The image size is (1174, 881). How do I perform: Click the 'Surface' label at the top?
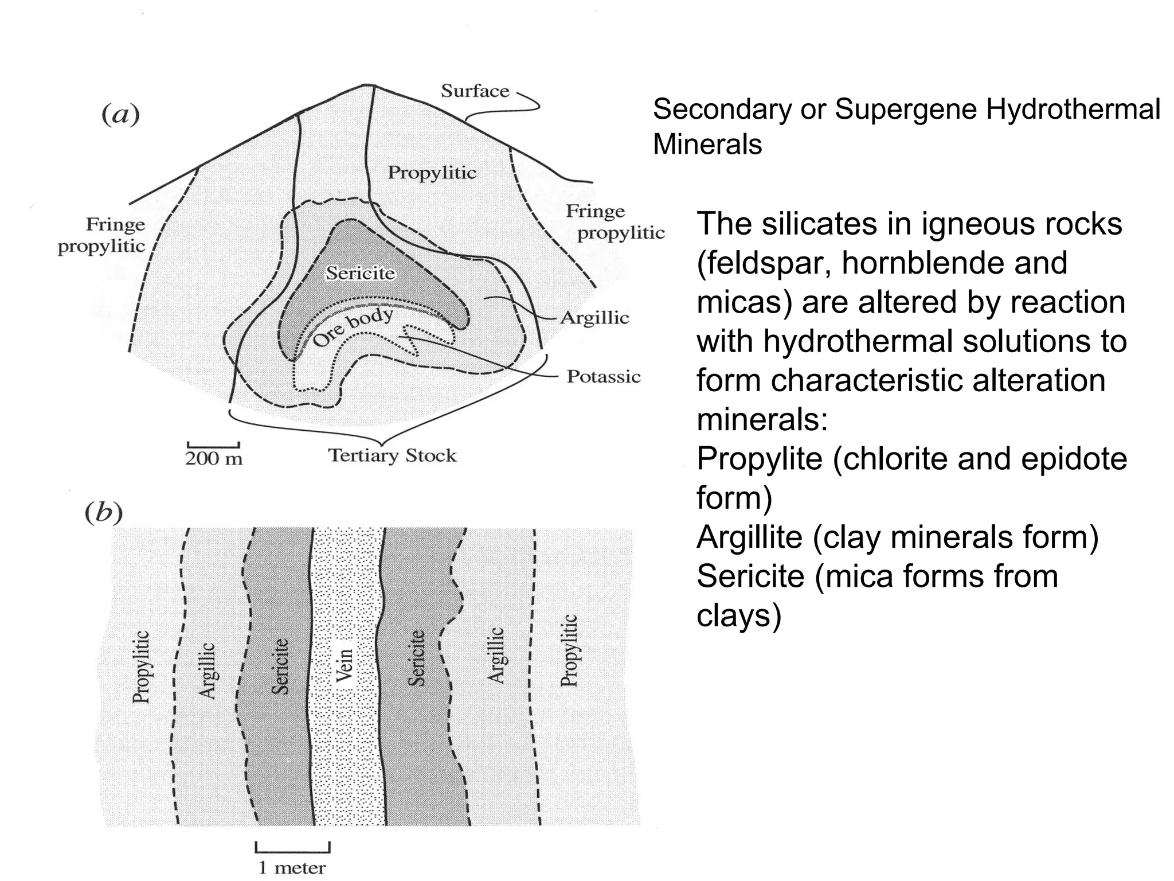(475, 91)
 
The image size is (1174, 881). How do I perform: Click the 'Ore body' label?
(353, 328)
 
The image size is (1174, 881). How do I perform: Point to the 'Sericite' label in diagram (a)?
(361, 273)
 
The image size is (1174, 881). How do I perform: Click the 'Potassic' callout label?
(603, 377)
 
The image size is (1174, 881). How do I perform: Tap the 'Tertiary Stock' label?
(392, 456)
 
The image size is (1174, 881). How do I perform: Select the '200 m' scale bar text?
(214, 459)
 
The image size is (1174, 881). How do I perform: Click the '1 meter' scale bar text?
(292, 868)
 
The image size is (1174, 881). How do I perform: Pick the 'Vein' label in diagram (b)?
(344, 665)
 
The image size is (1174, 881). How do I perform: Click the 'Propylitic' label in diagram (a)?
(432, 173)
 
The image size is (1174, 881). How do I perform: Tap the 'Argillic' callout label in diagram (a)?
(594, 318)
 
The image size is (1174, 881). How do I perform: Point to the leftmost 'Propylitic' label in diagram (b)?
(141, 666)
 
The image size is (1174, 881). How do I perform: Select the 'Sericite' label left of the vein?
(280, 666)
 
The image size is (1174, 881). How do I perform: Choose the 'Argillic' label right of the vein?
(496, 655)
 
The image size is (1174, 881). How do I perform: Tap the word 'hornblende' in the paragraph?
(916, 263)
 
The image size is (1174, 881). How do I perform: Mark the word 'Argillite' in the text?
(749, 537)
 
